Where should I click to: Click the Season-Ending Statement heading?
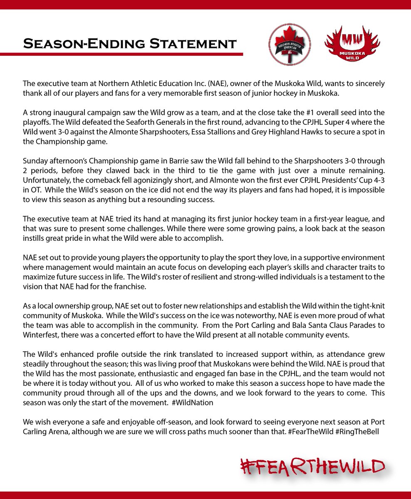click(130, 43)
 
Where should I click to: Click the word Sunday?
click(35, 161)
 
